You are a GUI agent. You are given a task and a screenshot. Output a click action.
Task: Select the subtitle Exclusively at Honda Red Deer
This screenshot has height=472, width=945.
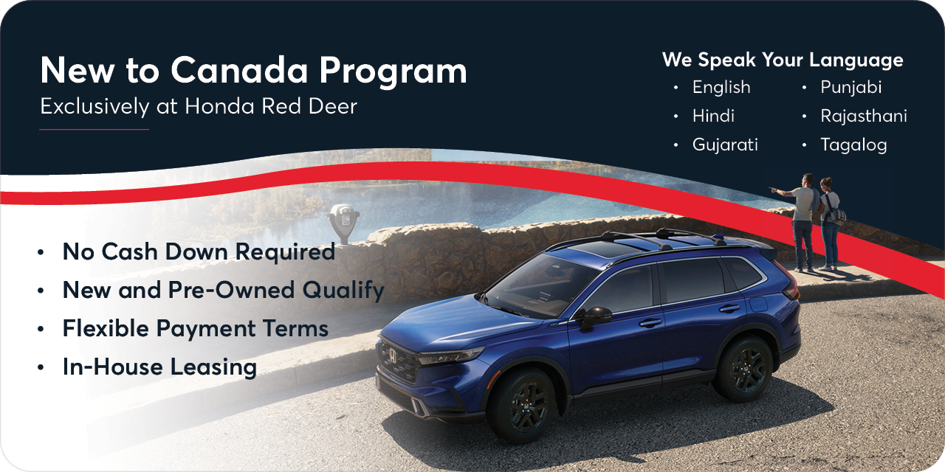click(x=199, y=106)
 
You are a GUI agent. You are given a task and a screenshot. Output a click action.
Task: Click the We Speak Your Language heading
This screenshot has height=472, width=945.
click(x=783, y=60)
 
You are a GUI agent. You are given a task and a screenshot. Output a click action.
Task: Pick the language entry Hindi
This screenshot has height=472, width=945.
click(x=713, y=116)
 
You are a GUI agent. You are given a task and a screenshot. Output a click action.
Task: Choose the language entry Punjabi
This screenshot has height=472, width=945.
click(x=850, y=87)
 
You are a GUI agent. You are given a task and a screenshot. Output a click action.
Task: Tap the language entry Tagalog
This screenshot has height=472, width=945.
click(x=853, y=145)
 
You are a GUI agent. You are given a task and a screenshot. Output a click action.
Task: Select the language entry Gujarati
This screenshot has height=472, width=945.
click(x=725, y=145)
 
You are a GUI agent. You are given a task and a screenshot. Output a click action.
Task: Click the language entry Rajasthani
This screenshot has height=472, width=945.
click(x=864, y=116)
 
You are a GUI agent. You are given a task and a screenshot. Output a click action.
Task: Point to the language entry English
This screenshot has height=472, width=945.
click(x=721, y=87)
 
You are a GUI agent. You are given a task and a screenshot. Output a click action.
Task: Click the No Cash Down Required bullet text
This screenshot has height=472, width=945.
click(x=199, y=251)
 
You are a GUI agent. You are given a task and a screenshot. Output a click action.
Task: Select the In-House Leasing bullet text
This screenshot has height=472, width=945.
click(x=159, y=367)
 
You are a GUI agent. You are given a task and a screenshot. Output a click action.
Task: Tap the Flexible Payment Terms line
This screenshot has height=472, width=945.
click(x=196, y=328)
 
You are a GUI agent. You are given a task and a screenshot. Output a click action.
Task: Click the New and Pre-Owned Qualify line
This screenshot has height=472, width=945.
click(x=223, y=290)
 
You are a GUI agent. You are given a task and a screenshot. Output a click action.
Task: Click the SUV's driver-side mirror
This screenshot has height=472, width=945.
click(x=594, y=316)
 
